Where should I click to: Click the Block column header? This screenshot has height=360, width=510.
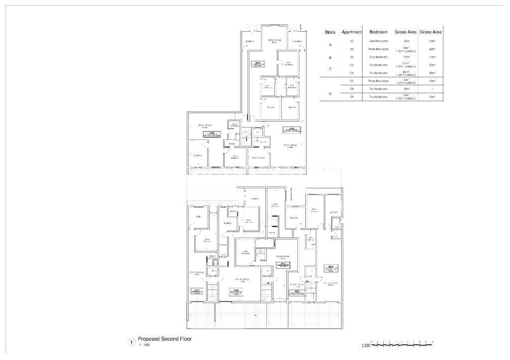click(x=330, y=32)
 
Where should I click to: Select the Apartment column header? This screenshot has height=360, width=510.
click(x=352, y=32)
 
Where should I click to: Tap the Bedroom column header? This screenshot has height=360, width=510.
click(x=379, y=32)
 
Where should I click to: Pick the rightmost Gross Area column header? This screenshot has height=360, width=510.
click(x=431, y=32)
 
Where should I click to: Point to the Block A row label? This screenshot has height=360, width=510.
click(x=330, y=45)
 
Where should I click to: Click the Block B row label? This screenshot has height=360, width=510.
click(x=330, y=57)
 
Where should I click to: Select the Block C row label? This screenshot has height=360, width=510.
click(x=330, y=69)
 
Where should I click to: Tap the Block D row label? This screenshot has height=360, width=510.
click(x=330, y=93)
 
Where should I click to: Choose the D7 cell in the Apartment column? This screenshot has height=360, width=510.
click(x=352, y=81)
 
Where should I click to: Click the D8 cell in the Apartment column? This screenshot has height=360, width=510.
click(x=352, y=89)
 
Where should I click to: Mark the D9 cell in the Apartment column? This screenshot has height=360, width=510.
click(x=352, y=97)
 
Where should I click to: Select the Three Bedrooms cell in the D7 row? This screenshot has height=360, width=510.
click(x=379, y=81)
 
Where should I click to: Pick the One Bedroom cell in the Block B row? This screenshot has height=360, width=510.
click(x=379, y=57)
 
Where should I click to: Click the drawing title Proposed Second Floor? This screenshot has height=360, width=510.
click(x=164, y=339)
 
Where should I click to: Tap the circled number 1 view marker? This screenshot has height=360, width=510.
click(x=131, y=342)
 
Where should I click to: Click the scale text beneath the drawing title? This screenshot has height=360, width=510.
click(x=143, y=345)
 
